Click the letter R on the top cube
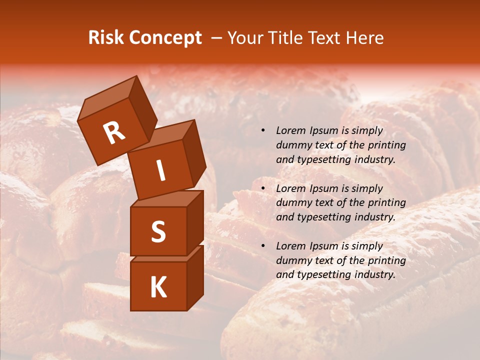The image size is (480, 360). point(114,133)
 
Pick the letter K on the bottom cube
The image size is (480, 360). point(158,287)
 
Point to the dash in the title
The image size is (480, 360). point(217,38)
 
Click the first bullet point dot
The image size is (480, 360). point(263,131)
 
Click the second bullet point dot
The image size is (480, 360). point(263,189)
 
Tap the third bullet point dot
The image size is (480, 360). point(263,246)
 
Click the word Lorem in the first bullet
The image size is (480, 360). point(290,131)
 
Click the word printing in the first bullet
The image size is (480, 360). point(387,145)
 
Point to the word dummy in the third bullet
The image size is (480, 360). point(292,260)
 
